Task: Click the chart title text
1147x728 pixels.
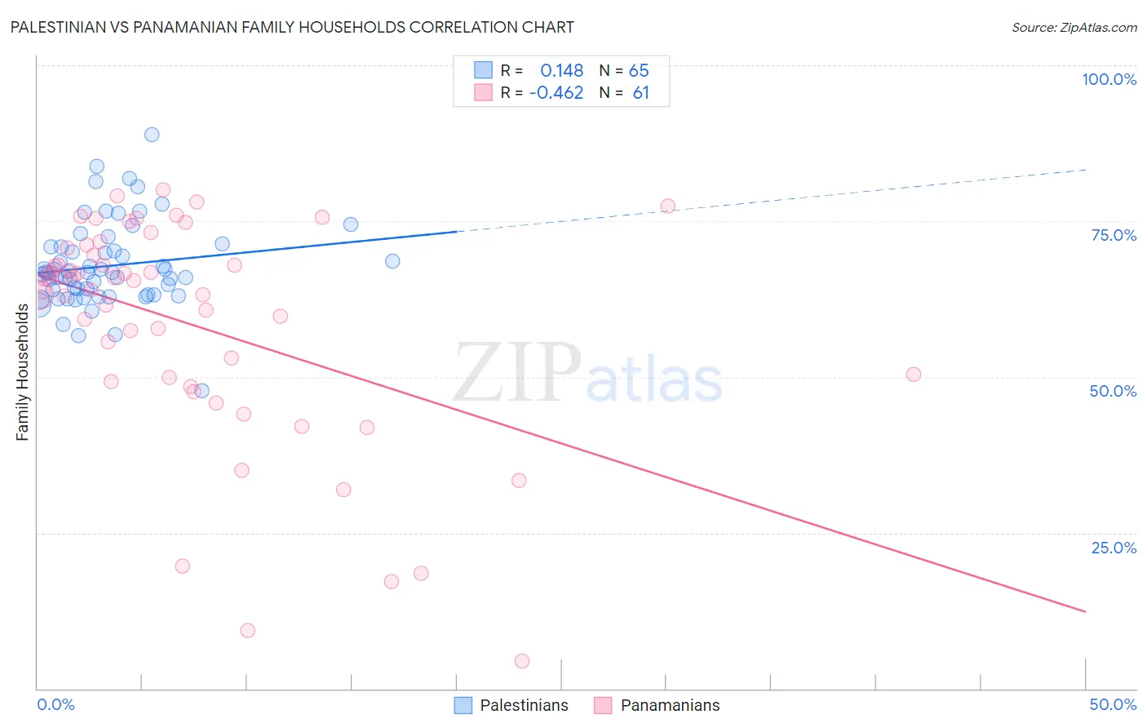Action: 292,27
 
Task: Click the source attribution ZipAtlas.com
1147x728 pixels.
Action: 1074,27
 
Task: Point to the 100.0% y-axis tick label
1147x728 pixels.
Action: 1109,79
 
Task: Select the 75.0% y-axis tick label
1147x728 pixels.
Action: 1114,235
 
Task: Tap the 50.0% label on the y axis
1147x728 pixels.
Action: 1113,391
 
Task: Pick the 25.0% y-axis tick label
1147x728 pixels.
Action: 1114,547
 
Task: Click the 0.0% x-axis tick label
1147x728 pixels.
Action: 55,704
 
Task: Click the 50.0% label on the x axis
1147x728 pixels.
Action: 1113,704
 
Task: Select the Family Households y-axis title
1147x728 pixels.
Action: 22,372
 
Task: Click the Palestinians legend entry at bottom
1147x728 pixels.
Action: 511,705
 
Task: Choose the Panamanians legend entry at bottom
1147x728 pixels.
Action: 657,705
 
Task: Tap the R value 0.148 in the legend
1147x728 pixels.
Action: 562,71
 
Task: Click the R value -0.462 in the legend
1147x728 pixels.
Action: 556,93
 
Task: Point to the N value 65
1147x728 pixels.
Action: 639,71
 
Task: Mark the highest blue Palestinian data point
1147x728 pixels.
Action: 152,135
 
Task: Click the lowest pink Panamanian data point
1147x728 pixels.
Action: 522,661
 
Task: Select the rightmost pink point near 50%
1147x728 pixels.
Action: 914,375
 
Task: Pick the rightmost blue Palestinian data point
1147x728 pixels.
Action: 392,261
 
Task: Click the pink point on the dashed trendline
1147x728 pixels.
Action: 668,206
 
